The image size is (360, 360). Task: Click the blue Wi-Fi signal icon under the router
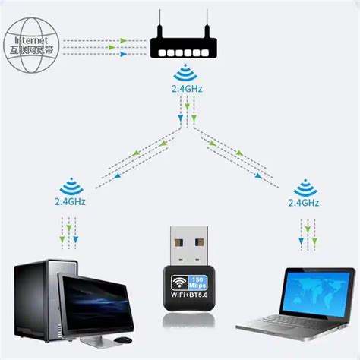[x=183, y=75]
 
